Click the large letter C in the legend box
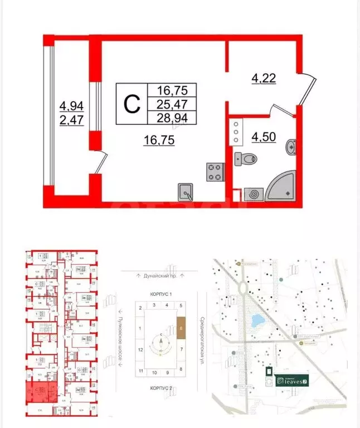[130, 103]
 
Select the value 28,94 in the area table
[172, 118]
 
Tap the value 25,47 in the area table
[172, 104]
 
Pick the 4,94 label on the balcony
[71, 105]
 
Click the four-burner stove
[215, 172]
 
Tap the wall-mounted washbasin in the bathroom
[290, 148]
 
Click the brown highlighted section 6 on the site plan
[182, 328]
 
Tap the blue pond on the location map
[257, 321]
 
